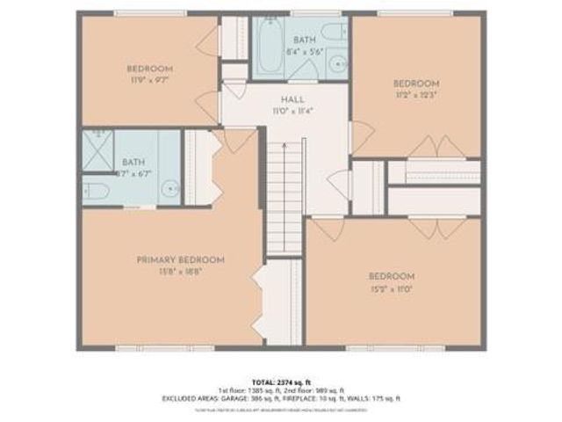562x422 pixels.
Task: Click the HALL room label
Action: tap(280, 100)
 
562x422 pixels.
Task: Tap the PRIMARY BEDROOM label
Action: tap(180, 259)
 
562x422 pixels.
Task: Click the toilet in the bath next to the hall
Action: tap(333, 33)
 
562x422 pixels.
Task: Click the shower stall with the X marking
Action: tap(98, 151)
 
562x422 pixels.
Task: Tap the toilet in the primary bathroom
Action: tap(97, 191)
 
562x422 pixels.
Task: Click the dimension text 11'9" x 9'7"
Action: tap(149, 80)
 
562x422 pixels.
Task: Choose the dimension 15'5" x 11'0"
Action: tap(392, 287)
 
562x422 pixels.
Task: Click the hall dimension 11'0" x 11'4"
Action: tap(280, 112)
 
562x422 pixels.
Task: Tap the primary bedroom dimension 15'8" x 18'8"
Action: tap(180, 272)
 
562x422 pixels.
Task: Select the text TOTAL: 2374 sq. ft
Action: tap(280, 380)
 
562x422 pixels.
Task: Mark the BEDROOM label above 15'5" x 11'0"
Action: tap(392, 276)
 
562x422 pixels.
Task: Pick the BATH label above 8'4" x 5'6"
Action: tap(305, 40)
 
